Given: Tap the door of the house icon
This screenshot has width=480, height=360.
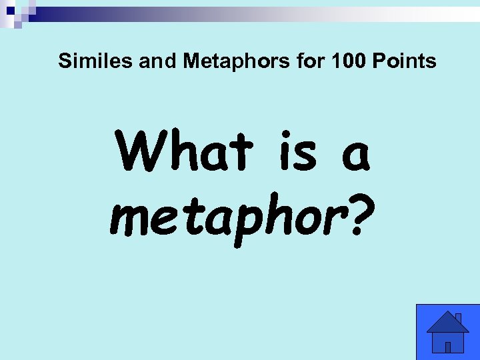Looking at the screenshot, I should click(x=448, y=346).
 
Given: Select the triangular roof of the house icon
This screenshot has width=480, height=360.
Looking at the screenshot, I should click(x=447, y=323).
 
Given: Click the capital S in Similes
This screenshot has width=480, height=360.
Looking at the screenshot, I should click(x=64, y=61).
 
